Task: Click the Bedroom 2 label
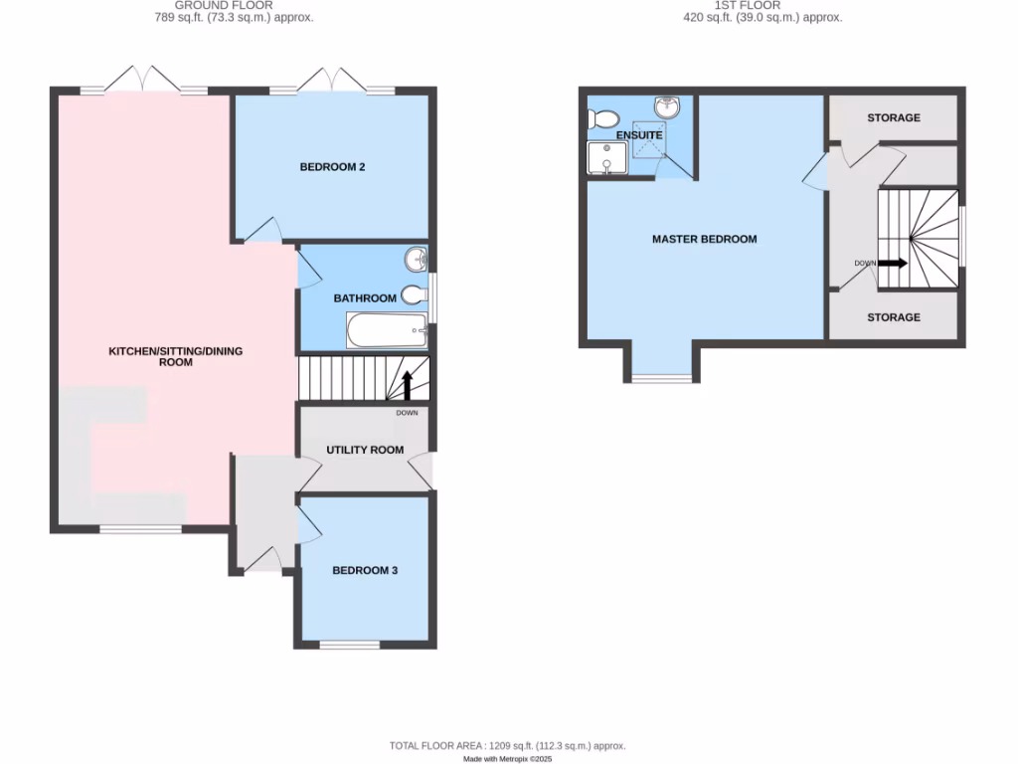click(x=333, y=167)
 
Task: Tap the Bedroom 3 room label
click(x=365, y=570)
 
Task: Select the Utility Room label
click(x=366, y=450)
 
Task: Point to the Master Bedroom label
click(x=704, y=239)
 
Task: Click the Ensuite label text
click(x=639, y=135)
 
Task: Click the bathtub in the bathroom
click(x=387, y=330)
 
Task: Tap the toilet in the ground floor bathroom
click(x=416, y=294)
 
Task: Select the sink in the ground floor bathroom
click(x=417, y=261)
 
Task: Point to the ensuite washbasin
click(x=667, y=106)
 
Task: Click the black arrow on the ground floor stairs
click(x=407, y=383)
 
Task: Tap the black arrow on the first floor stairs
click(x=892, y=264)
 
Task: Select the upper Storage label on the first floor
click(x=894, y=117)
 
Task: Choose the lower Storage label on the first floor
click(x=894, y=317)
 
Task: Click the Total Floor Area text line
click(x=508, y=744)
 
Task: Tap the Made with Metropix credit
click(x=508, y=759)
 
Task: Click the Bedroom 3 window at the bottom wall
click(x=349, y=645)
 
